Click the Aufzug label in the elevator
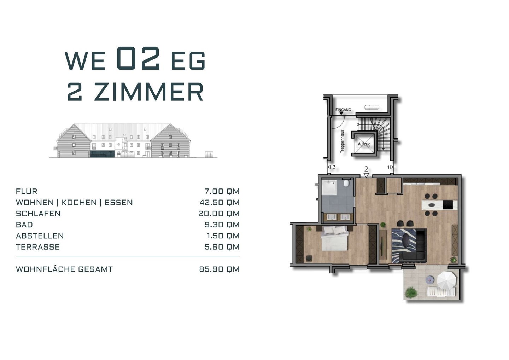pos(364,144)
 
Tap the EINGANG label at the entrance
pos(343,110)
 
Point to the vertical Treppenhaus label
pos(342,141)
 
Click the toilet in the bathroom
pos(346,183)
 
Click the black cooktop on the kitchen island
pos(448,205)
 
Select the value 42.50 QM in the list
pos(220,203)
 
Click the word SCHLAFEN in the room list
pos(38,214)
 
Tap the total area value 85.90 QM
pos(219,269)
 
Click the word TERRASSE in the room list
pos(38,247)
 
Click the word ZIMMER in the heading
pos(148,92)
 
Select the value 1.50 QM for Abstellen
pos(223,236)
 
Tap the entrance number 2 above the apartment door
pos(366,169)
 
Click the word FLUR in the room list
pos(27,191)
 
